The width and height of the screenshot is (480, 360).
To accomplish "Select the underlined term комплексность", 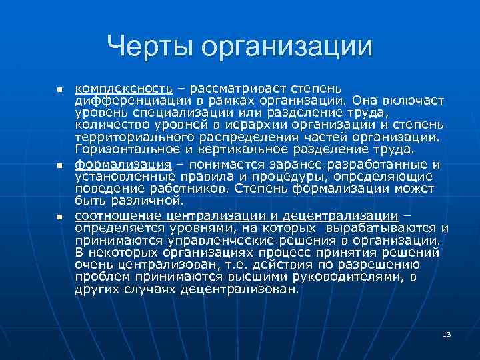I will pyautogui.click(x=123, y=89).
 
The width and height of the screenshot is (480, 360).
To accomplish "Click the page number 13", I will pyautogui.click(x=447, y=333).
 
